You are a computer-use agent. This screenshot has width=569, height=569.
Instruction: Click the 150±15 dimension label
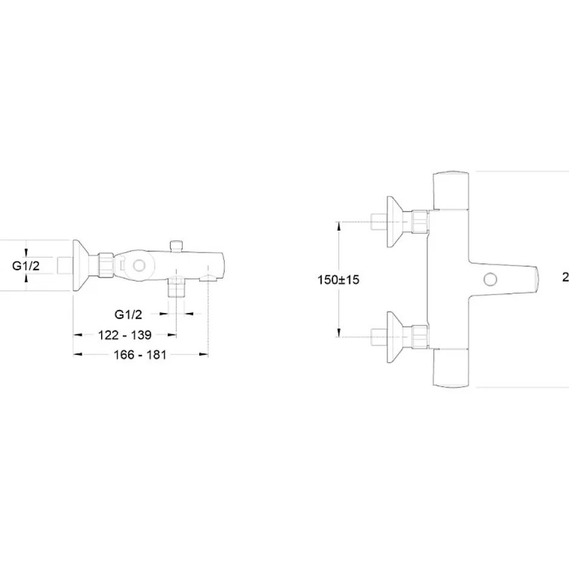click(338, 280)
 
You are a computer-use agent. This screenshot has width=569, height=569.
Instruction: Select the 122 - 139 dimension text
click(125, 335)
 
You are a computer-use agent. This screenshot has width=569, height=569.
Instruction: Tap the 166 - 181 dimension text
click(140, 355)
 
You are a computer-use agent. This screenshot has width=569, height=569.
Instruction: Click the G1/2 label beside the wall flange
click(26, 266)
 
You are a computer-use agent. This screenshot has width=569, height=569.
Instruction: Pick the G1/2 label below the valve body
click(128, 314)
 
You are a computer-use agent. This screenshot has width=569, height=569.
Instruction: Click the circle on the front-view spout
click(490, 280)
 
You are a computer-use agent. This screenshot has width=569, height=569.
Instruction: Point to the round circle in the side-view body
click(139, 266)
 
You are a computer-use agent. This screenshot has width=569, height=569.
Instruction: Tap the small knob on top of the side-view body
click(176, 245)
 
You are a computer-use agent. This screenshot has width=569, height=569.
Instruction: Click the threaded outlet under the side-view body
click(176, 287)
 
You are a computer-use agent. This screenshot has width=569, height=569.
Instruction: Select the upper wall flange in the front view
click(395, 222)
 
